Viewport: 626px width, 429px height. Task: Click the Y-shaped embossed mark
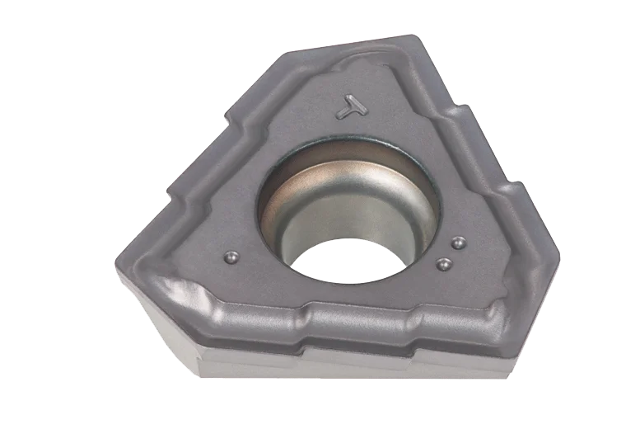(x=351, y=107)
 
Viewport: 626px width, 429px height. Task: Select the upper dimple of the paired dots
(x=458, y=243)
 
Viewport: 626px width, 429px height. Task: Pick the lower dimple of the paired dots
(x=443, y=264)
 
